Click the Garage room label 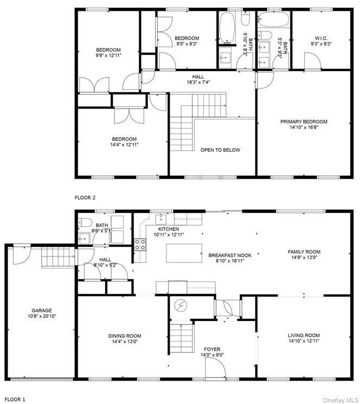tap(41, 311)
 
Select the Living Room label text tap(303, 336)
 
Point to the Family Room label tap(304, 252)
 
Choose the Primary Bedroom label tap(304, 121)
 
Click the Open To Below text tap(220, 150)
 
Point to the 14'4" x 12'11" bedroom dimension tap(124, 145)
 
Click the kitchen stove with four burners tap(140, 245)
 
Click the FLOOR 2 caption tap(85, 198)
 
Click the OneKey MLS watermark tap(339, 399)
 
